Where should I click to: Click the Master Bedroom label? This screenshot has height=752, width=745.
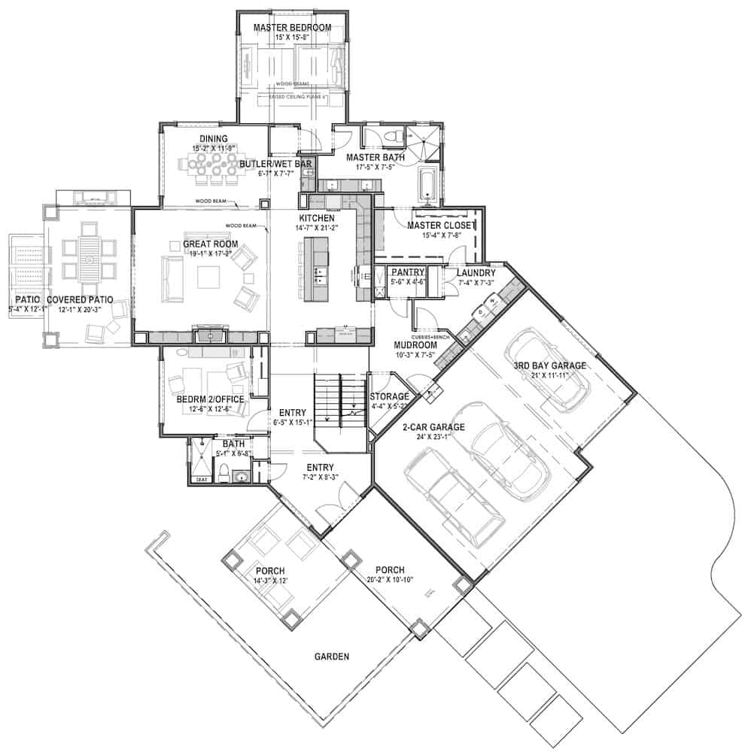(292, 28)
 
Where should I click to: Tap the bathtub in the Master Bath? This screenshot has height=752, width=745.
(427, 186)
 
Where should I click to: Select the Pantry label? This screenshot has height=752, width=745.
(408, 271)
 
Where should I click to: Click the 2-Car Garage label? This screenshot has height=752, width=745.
(432, 426)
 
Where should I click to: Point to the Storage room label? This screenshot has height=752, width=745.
(390, 396)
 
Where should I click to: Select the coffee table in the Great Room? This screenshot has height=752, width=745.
(208, 277)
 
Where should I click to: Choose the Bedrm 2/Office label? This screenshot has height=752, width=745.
(203, 399)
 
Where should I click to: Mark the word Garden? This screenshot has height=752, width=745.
(331, 656)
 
